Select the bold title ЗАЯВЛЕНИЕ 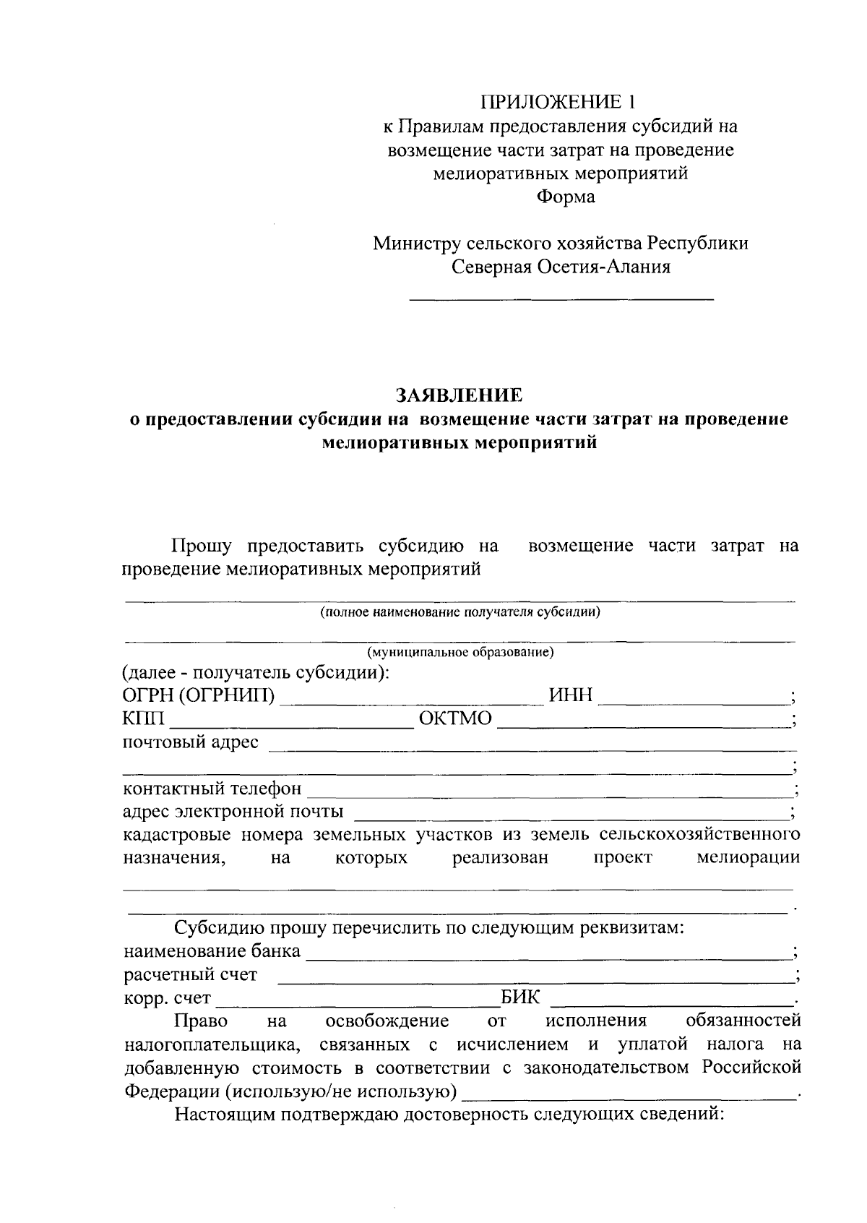458,395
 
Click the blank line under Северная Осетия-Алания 561,297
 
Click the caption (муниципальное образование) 461,653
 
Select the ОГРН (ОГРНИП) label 199,695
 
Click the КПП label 144,718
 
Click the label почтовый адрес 191,742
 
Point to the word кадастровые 177,835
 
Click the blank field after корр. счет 358,1001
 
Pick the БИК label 520,998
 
